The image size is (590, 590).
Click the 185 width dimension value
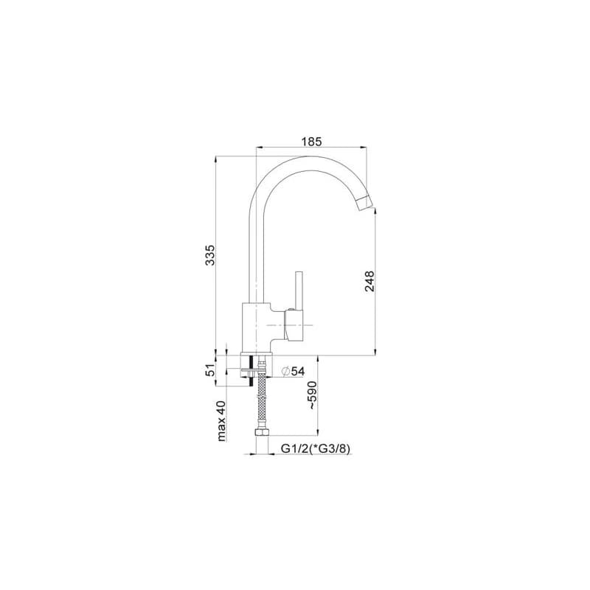311,142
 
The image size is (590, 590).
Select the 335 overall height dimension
210,255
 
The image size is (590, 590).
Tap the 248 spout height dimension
369,281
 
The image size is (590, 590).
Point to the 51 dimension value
210,370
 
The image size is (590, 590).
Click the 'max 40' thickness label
221,421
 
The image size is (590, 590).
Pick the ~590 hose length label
312,395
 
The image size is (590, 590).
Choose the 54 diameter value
298,372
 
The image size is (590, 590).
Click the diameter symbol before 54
285,372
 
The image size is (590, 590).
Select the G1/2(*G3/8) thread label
316,448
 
